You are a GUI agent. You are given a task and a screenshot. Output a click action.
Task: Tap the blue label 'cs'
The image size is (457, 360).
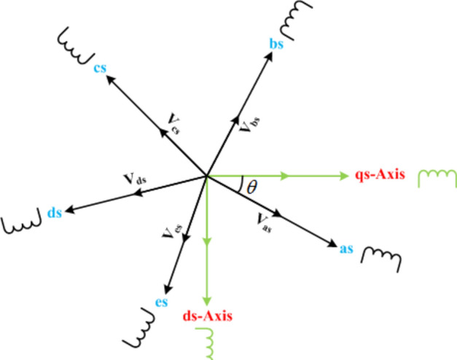100,68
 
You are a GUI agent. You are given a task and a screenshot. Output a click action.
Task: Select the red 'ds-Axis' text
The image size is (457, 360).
208,317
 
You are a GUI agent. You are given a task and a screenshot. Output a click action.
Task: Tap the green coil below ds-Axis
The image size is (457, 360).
208,341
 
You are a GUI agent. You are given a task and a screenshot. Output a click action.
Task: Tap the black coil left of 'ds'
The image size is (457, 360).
22,224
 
